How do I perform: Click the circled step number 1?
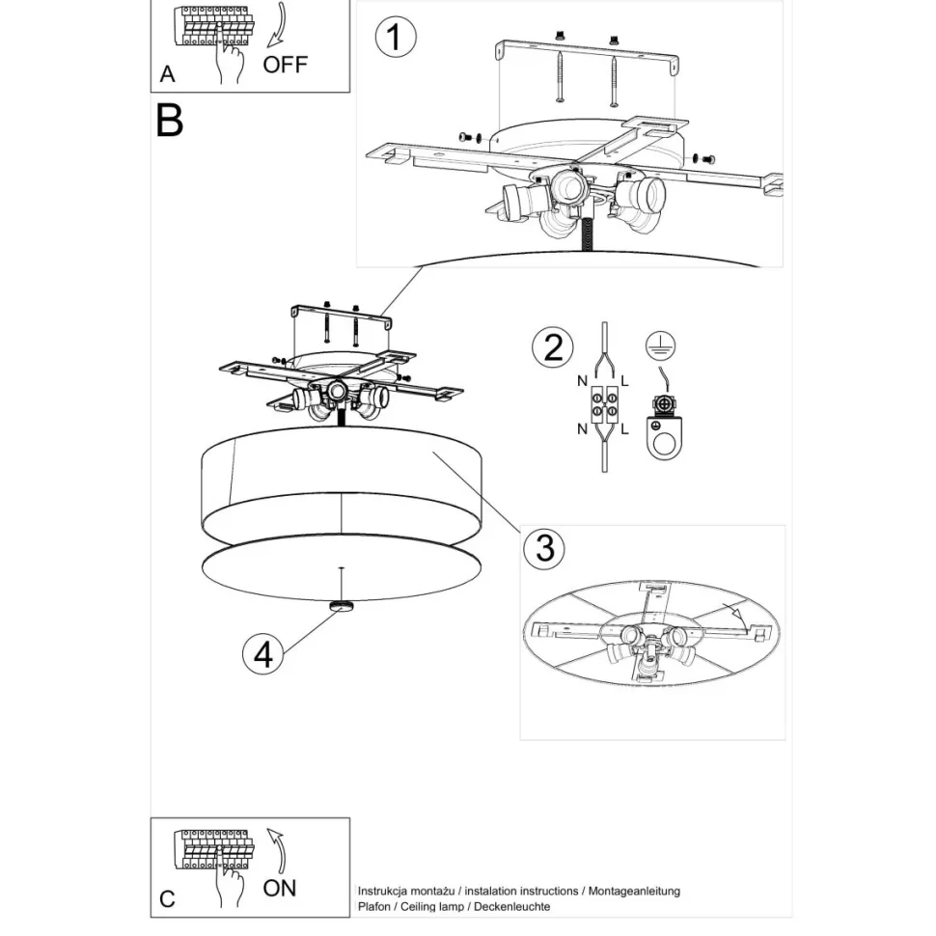(396, 37)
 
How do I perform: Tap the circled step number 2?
(553, 347)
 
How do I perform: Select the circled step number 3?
(544, 548)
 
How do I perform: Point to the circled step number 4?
(263, 654)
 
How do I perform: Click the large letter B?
(169, 121)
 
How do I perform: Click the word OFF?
(286, 65)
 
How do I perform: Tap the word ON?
(280, 889)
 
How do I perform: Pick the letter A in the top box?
(168, 74)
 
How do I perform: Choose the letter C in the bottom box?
(167, 899)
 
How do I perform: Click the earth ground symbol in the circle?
(660, 346)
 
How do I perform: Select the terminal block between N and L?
(604, 403)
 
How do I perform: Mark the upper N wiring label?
(582, 381)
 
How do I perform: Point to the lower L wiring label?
(625, 428)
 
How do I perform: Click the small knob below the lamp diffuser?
(342, 607)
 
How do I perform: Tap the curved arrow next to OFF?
(276, 24)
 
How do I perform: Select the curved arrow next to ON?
(276, 850)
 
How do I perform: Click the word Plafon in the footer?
(373, 906)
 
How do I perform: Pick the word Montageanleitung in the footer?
(634, 892)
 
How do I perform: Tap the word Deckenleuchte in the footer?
(512, 906)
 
